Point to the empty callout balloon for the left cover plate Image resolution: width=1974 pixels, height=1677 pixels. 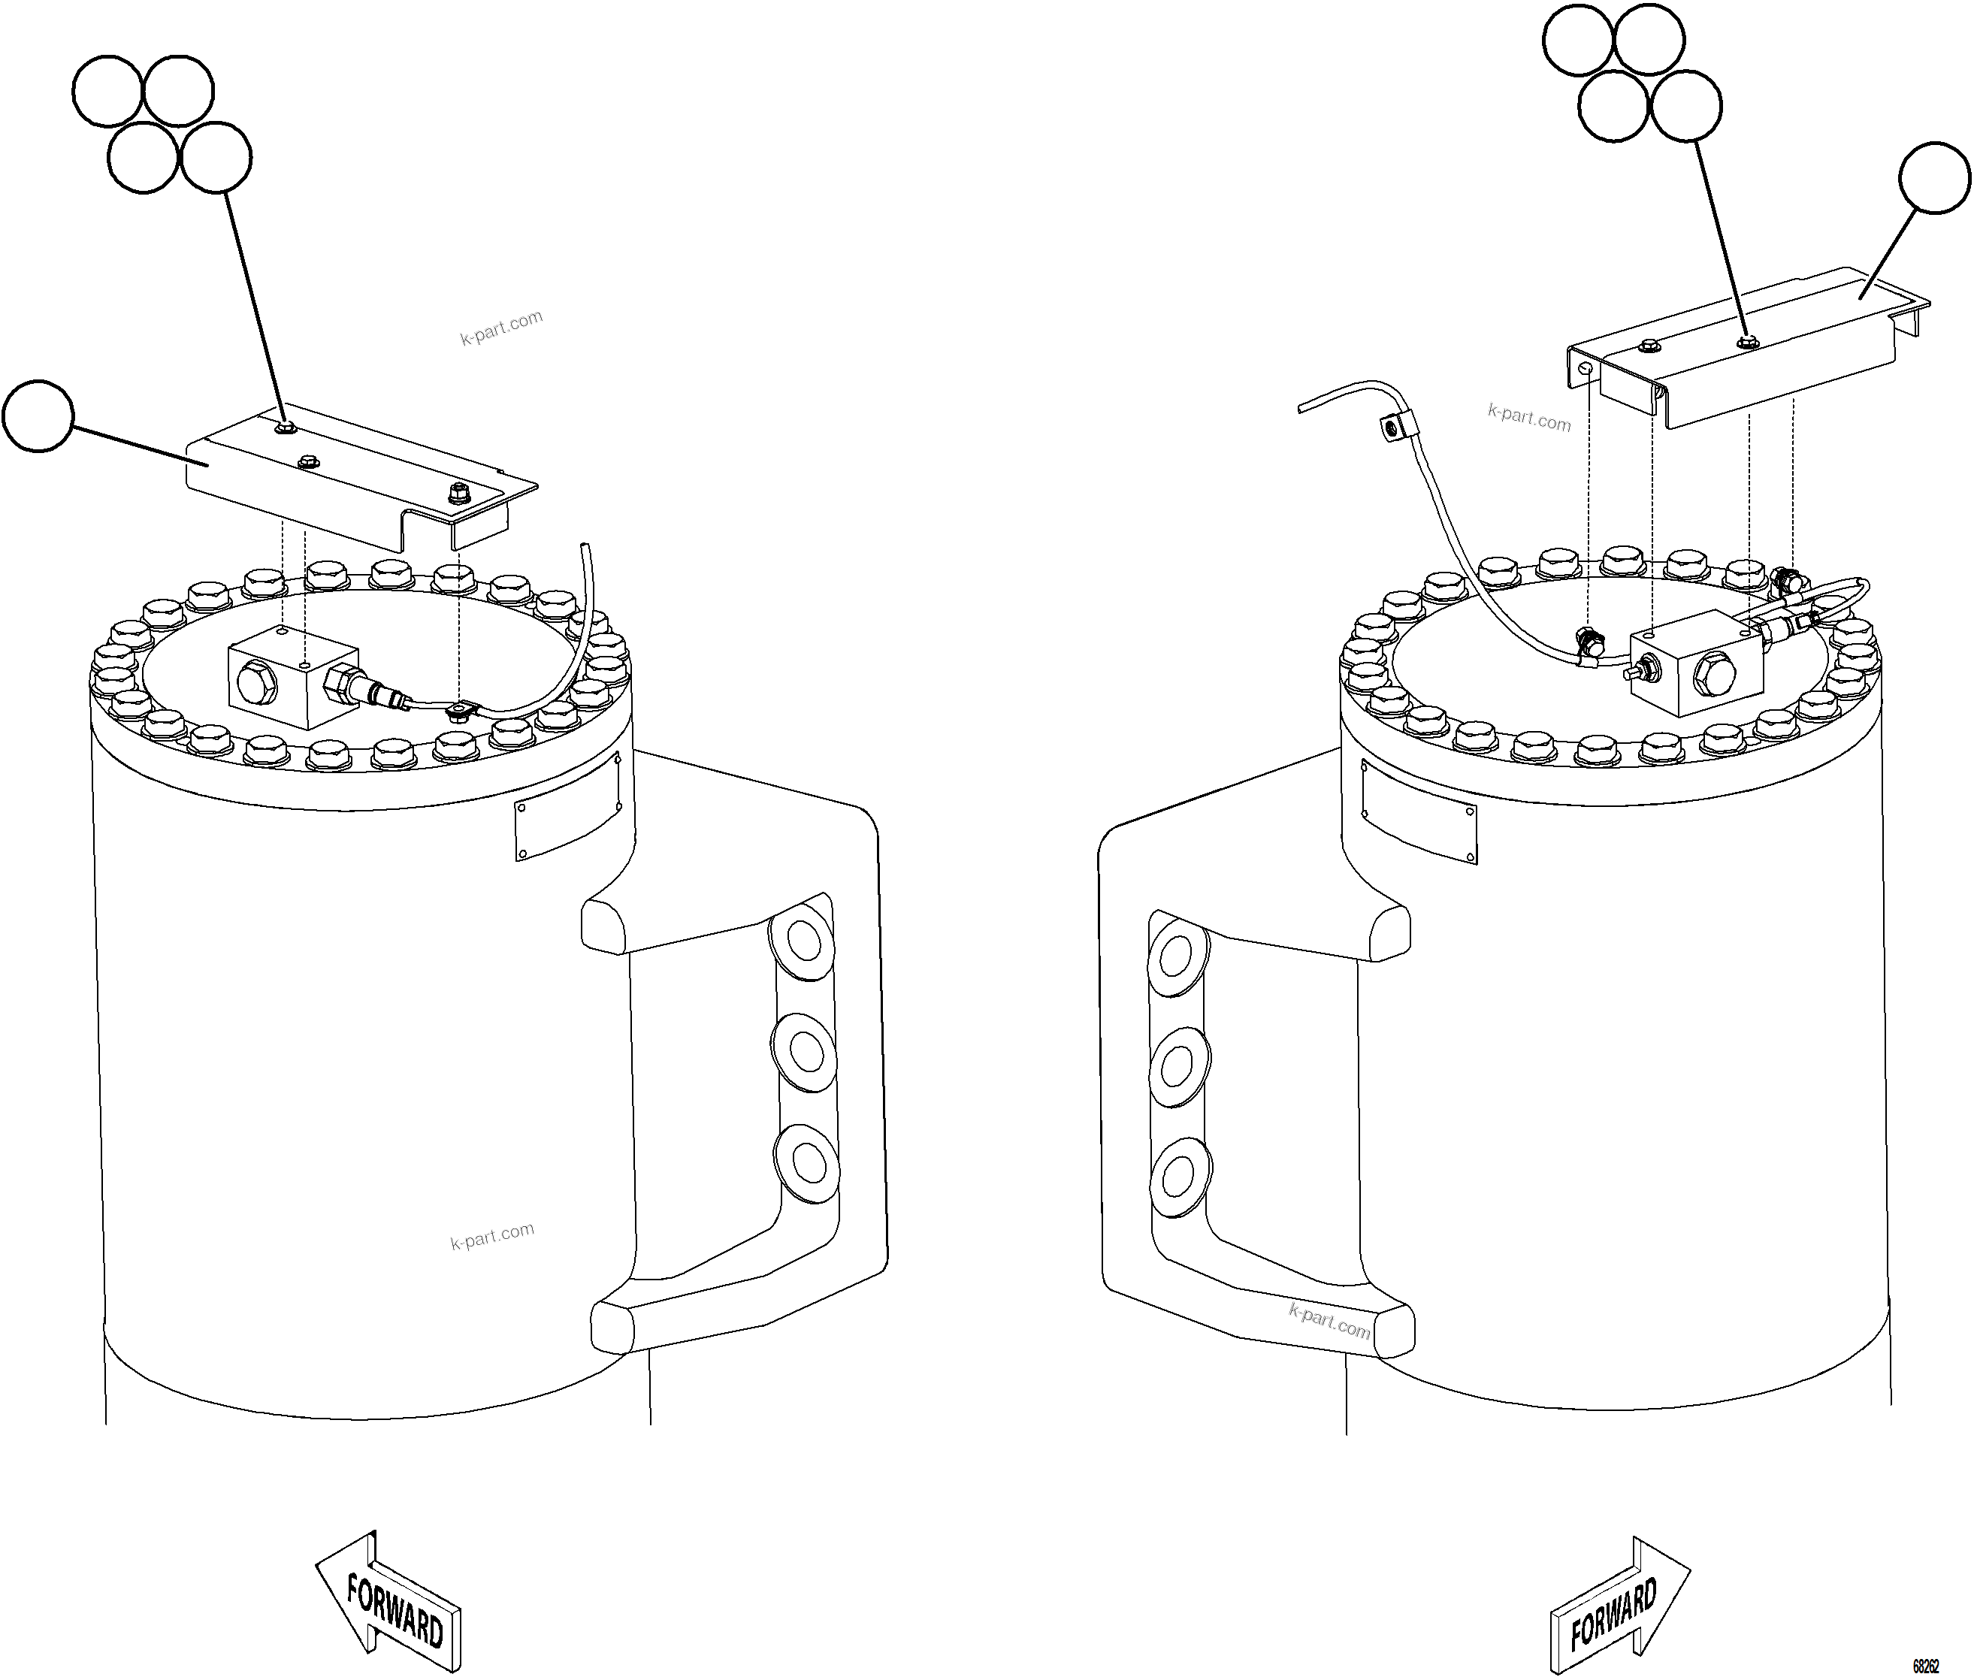[x=37, y=416]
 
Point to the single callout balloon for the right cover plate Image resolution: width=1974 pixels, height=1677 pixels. [x=1935, y=178]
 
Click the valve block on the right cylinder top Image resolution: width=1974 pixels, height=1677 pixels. [x=1695, y=663]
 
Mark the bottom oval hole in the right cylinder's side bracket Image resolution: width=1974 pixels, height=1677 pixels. [x=1180, y=1176]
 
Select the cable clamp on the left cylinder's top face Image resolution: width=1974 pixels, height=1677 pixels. [x=462, y=709]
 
